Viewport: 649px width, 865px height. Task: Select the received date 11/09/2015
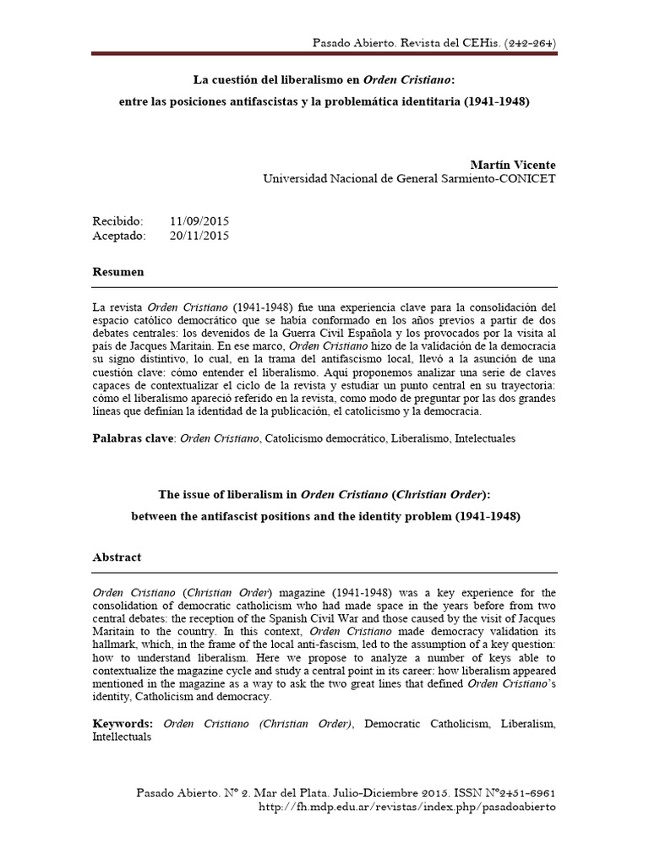199,220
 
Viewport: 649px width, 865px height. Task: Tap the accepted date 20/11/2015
199,236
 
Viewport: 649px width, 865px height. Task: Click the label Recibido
118,220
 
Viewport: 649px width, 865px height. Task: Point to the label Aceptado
119,236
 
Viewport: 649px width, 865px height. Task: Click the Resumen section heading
118,272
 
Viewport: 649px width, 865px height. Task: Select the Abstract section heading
117,558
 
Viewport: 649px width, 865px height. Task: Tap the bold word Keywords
123,723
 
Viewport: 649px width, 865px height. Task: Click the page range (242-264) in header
528,41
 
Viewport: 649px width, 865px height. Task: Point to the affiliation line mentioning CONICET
409,178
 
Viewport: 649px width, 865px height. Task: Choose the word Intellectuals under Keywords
123,737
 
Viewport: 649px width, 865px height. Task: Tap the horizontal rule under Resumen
324,287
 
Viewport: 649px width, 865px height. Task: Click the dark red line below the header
324,55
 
